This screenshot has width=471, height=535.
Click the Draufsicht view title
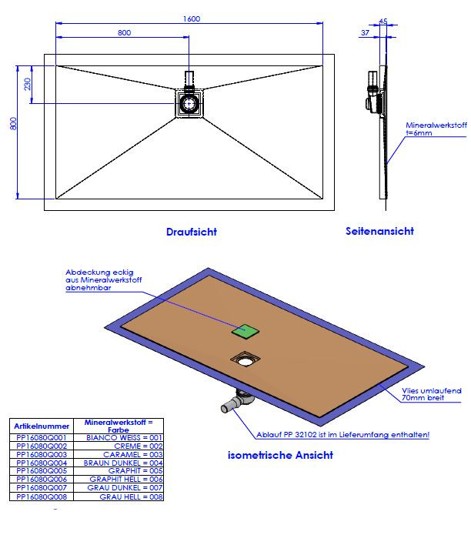(191, 232)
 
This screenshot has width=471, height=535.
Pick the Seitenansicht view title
(379, 231)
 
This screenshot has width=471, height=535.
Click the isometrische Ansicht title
(280, 455)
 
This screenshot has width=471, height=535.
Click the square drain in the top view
(189, 102)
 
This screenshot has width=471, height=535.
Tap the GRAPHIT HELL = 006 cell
(132, 480)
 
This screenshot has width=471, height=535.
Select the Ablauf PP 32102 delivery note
(343, 435)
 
